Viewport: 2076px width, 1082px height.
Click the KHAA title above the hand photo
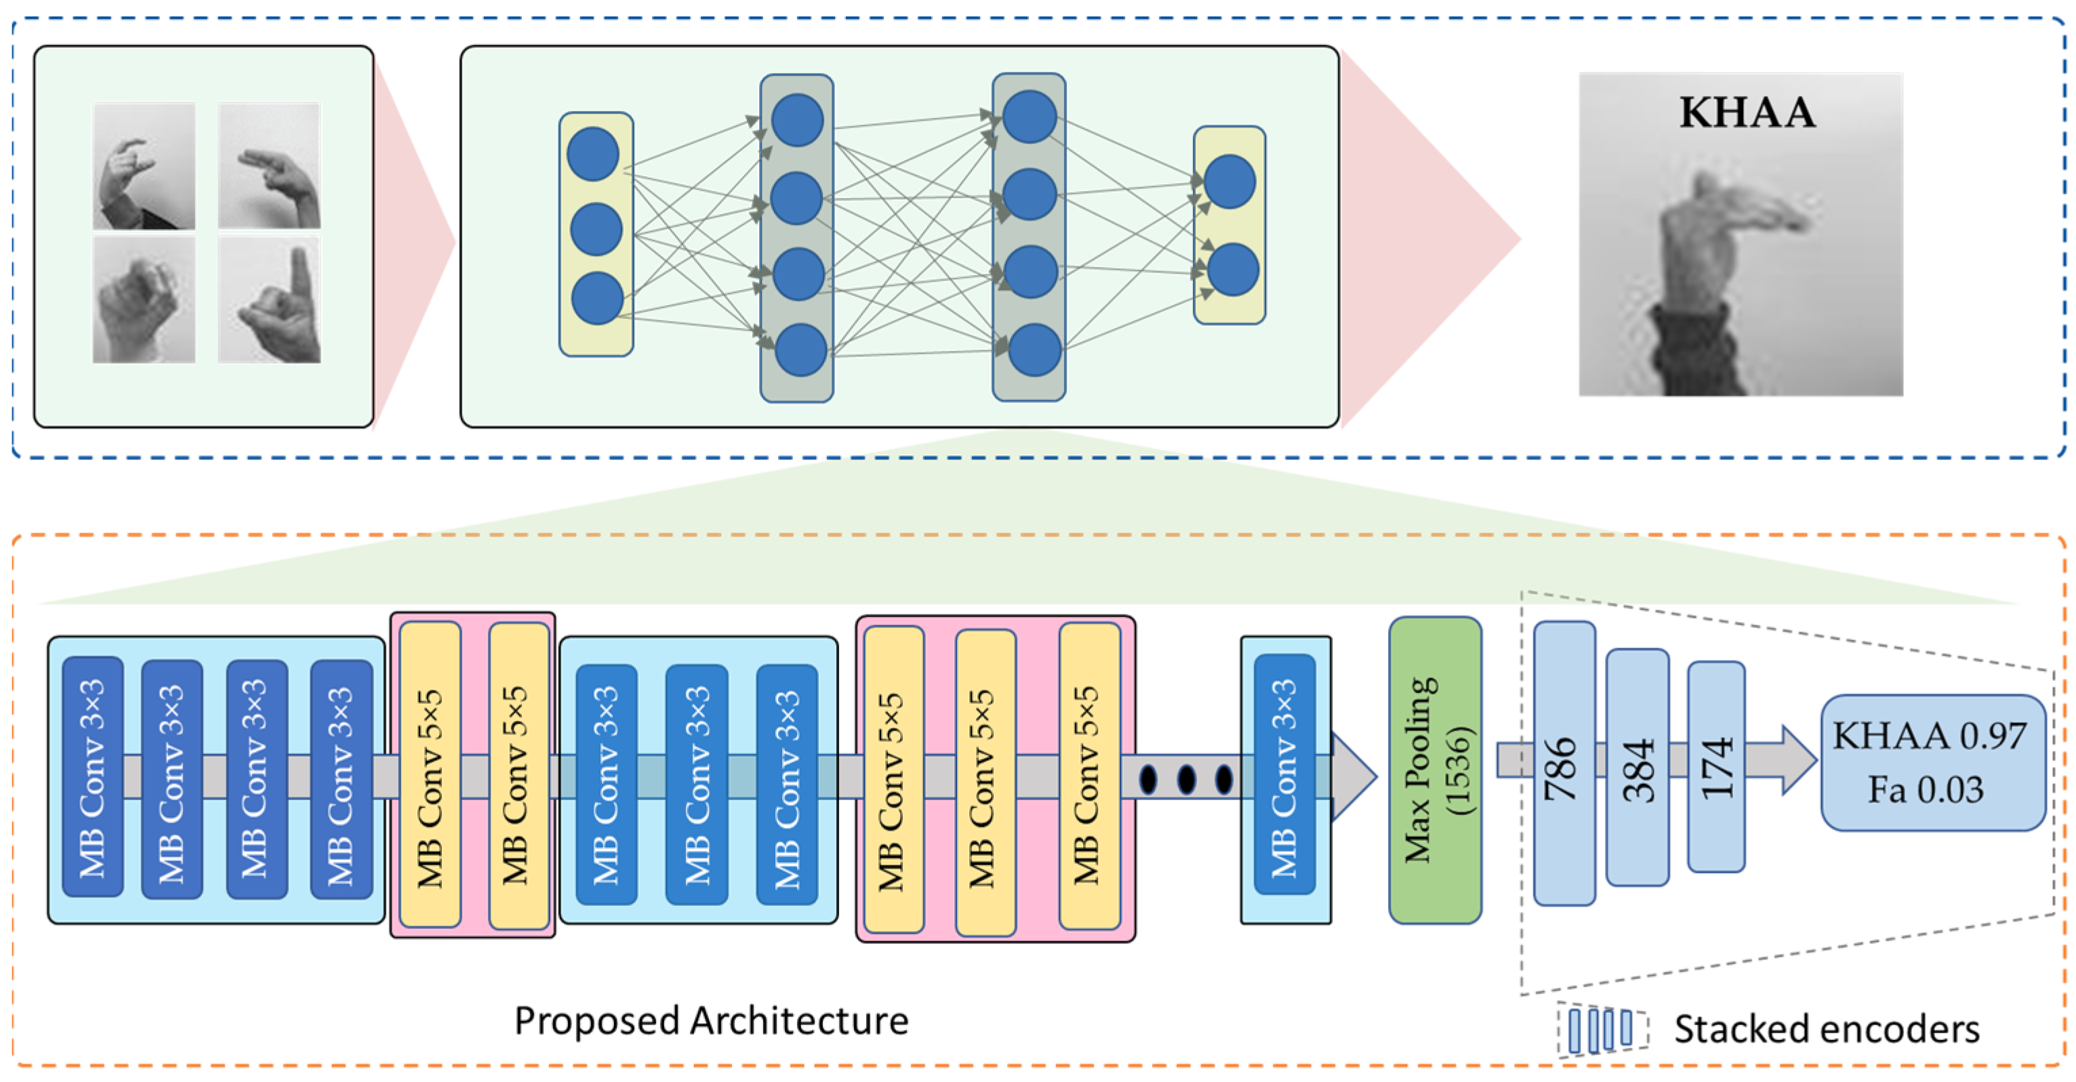(1747, 112)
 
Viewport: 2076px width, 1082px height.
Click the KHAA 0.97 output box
(1932, 762)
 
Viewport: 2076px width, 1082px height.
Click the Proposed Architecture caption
(711, 1021)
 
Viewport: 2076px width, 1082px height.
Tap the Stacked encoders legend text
(1826, 1029)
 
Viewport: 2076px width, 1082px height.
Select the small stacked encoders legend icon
(1600, 1030)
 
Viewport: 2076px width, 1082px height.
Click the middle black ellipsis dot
(1186, 779)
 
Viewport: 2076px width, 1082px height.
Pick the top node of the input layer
(593, 154)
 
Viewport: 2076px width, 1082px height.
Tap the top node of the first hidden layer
(797, 120)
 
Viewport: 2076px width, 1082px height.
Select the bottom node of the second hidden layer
(1034, 350)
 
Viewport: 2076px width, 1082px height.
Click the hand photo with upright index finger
(269, 299)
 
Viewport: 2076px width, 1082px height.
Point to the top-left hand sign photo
(144, 166)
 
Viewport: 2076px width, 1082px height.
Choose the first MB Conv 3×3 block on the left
(93, 776)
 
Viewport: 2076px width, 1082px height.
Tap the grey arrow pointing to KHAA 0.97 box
(1785, 759)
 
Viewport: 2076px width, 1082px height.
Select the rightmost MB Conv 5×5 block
(1088, 775)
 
